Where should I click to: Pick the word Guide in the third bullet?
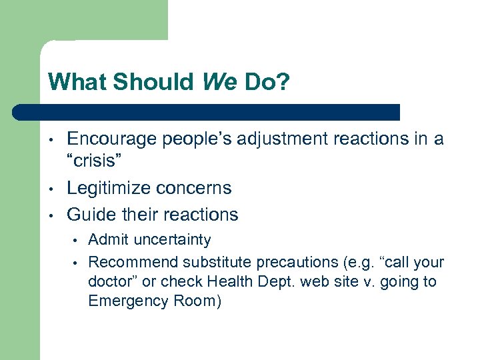[90, 215]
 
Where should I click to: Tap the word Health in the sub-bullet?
[228, 281]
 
